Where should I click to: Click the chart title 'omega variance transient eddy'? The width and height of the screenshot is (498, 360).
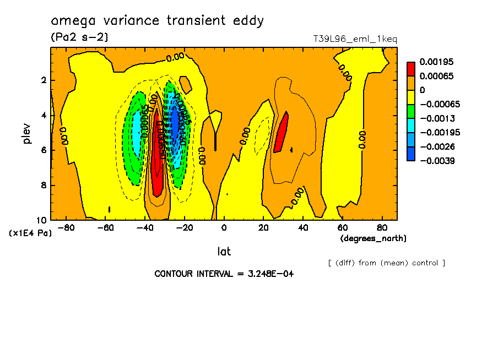[x=158, y=21]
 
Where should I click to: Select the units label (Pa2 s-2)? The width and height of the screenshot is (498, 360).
[x=79, y=37]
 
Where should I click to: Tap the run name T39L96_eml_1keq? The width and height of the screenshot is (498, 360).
[x=355, y=39]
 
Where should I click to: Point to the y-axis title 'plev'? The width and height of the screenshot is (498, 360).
[x=28, y=133]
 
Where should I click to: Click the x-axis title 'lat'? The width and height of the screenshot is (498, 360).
[x=224, y=252]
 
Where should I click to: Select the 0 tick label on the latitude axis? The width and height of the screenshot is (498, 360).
[x=224, y=228]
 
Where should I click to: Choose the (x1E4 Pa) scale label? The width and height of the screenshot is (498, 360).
[x=30, y=233]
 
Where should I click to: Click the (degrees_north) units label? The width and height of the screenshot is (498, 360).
[x=373, y=238]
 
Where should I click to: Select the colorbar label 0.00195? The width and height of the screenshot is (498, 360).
[x=436, y=62]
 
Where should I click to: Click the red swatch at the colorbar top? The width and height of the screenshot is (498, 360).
[x=411, y=69]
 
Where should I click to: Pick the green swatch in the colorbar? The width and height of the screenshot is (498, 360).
[x=411, y=111]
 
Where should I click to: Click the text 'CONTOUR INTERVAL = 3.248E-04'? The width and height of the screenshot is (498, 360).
[x=224, y=274]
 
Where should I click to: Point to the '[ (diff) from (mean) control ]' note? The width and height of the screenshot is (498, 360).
[x=386, y=263]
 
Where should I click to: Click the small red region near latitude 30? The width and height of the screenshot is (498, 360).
[x=282, y=132]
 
